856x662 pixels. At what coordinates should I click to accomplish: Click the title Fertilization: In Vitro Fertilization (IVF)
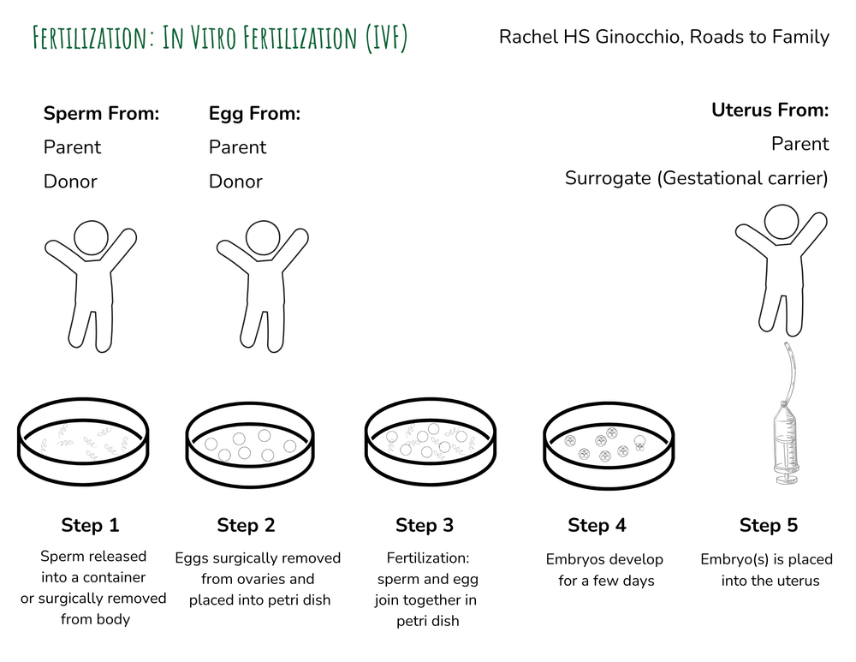(x=219, y=38)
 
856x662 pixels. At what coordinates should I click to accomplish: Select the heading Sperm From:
(x=101, y=113)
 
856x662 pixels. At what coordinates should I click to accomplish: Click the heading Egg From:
(x=254, y=113)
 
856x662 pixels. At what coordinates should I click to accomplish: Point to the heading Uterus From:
(x=770, y=110)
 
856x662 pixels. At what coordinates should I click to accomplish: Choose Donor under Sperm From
(x=70, y=182)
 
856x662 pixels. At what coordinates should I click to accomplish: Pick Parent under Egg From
(x=237, y=147)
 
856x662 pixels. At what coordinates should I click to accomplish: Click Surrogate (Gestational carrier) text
(x=697, y=178)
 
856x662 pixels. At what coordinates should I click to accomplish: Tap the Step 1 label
(x=90, y=525)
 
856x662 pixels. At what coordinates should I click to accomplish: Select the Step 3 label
(x=425, y=525)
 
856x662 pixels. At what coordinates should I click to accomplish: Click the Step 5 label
(x=769, y=525)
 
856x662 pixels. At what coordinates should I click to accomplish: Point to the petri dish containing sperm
(x=83, y=444)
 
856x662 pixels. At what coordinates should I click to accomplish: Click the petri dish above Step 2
(x=252, y=444)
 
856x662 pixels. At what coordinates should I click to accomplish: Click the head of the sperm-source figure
(x=91, y=237)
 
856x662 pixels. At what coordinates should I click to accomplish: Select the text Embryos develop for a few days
(x=604, y=570)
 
